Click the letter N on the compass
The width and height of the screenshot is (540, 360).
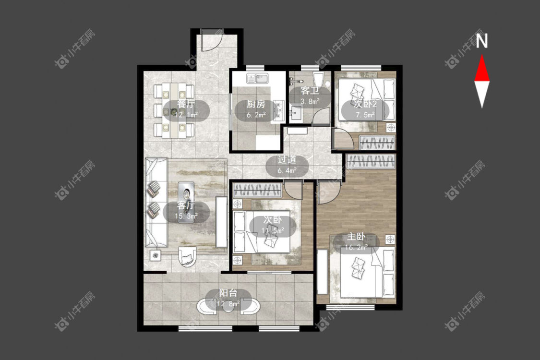(482, 41)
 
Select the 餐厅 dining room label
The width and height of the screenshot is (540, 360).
(186, 104)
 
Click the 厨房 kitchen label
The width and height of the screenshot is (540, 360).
(256, 104)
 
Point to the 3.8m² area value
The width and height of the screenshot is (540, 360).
(310, 101)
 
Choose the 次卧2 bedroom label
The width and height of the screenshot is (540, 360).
(365, 104)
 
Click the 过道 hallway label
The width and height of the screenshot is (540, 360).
(287, 160)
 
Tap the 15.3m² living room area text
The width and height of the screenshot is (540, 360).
(186, 216)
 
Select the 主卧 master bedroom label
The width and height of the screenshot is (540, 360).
(356, 236)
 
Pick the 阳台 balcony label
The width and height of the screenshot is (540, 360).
(228, 293)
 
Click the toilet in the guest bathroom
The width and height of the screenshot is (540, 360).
(318, 79)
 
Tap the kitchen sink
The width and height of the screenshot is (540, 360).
(257, 79)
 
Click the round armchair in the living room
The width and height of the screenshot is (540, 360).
(187, 257)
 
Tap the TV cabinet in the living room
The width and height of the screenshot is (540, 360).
(220, 221)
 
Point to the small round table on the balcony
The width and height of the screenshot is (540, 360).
(228, 307)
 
